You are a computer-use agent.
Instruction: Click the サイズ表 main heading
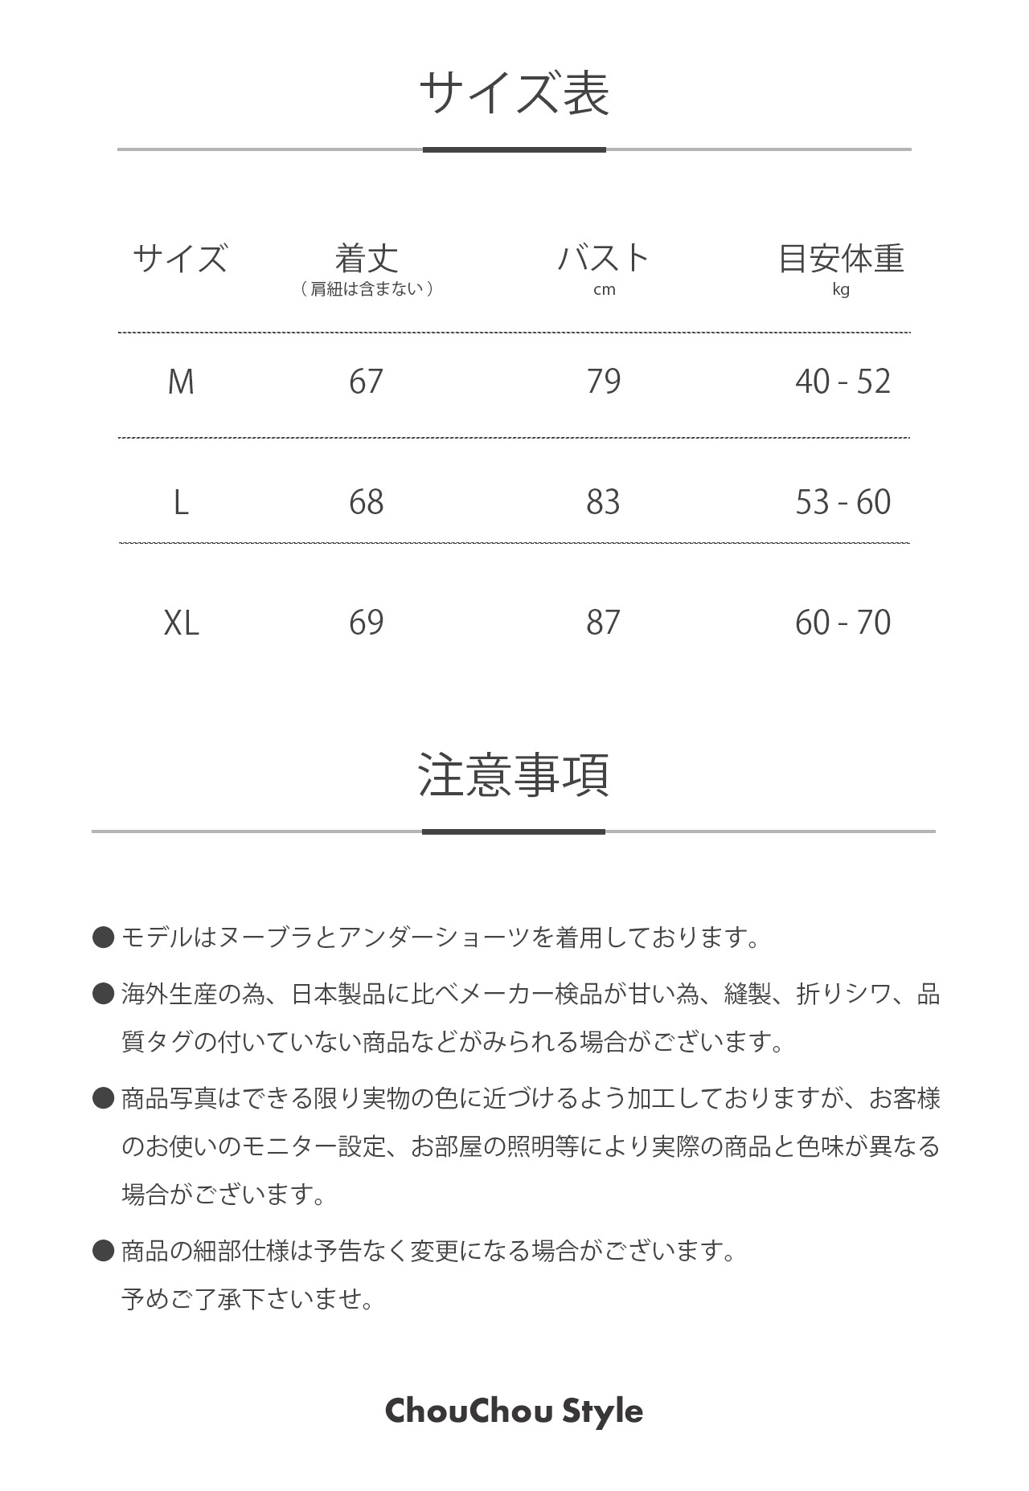[x=514, y=93]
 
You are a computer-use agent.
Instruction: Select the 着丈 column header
[x=367, y=258]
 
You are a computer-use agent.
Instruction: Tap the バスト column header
[x=604, y=258]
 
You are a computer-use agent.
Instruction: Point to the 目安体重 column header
[x=842, y=258]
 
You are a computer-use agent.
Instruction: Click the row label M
[x=181, y=382]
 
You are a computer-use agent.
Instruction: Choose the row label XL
[x=181, y=623]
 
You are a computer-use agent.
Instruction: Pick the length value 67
[x=367, y=382]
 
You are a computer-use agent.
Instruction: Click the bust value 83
[x=603, y=502]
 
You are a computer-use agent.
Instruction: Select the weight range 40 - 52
[x=843, y=382]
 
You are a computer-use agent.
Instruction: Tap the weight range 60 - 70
[x=843, y=623]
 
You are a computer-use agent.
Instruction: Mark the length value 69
[x=367, y=623]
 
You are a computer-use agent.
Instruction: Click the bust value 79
[x=603, y=382]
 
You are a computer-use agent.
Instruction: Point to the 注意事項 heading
[x=514, y=775]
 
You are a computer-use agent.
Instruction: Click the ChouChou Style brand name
[x=514, y=1411]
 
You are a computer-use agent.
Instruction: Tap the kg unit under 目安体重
[x=841, y=290]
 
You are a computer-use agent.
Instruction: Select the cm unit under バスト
[x=604, y=290]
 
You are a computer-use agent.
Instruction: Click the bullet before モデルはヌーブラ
[x=104, y=937]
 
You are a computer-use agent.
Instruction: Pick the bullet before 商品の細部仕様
[x=104, y=1250]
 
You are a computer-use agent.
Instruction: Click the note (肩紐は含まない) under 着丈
[x=367, y=289]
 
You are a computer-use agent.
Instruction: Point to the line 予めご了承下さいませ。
[x=248, y=1298]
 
